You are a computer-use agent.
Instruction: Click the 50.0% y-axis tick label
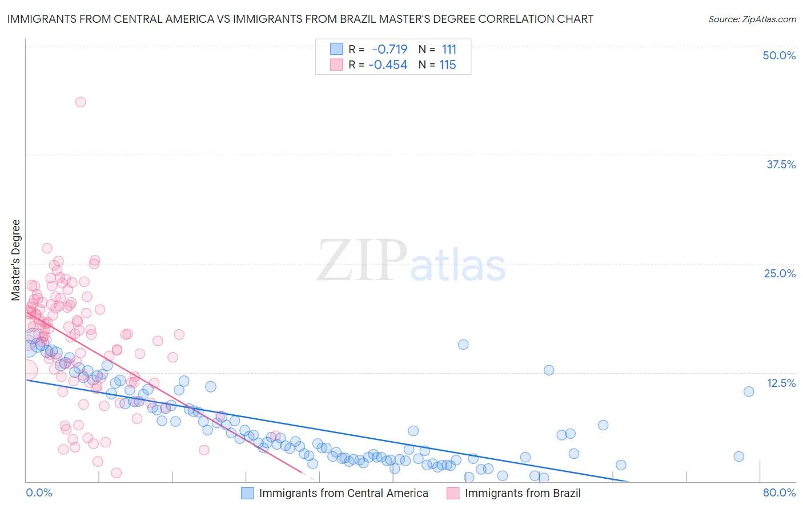pos(779,55)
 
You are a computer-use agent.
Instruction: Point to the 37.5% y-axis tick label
pos(781,164)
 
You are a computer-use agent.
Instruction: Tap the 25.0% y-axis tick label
pos(780,273)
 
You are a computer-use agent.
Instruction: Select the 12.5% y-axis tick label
pos(781,383)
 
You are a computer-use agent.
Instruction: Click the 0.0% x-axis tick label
pos(39,492)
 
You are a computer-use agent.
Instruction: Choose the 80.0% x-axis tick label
pos(779,492)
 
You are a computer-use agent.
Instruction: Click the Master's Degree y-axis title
pos(15,260)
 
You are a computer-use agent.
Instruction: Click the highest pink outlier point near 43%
pos(81,102)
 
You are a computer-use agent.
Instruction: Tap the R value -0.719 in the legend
pos(390,50)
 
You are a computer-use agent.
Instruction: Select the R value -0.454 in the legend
pos(388,65)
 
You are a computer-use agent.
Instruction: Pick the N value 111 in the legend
pos(449,50)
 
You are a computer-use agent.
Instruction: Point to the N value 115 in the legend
pos(448,65)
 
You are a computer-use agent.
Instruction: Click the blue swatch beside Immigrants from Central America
pos(247,494)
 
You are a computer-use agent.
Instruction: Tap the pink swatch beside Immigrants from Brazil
pos(453,494)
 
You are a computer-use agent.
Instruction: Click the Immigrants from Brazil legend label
pos(523,494)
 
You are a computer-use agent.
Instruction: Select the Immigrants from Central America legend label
pos(343,494)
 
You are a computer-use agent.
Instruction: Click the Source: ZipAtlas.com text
pos(752,19)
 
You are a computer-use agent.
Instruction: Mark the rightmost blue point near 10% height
pos(749,391)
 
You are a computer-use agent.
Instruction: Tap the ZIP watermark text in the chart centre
pos(362,261)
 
